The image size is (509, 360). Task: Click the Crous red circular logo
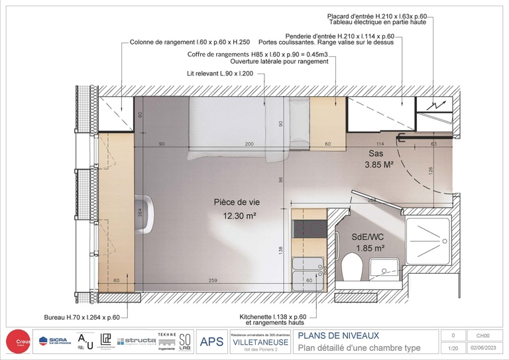[18, 342]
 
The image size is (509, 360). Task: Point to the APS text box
[211, 342]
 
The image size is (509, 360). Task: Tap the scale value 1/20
[453, 348]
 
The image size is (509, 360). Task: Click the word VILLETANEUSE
[260, 342]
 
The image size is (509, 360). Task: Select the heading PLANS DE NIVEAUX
[339, 335]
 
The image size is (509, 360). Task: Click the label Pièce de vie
[235, 202]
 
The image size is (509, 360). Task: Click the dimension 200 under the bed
[249, 143]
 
